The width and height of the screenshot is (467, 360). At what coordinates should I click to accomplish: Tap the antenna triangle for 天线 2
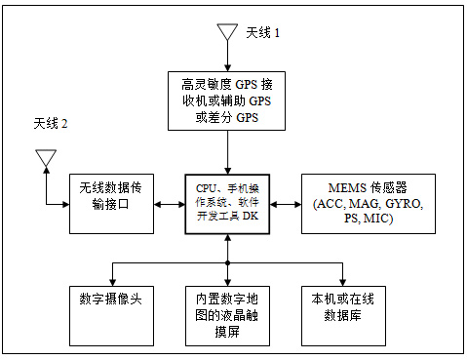46,158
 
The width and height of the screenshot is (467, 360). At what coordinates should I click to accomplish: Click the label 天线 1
262,32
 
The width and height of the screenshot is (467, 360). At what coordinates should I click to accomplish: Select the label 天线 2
51,124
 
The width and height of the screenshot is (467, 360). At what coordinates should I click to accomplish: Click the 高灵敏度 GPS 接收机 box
226,101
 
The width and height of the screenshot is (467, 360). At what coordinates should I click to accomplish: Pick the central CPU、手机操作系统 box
227,204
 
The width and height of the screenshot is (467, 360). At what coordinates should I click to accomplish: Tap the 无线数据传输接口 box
111,204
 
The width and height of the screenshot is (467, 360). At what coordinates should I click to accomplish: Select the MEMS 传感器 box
369,204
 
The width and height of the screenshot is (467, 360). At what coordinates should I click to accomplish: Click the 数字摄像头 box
111,316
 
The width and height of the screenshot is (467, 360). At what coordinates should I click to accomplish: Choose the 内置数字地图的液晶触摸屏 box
227,316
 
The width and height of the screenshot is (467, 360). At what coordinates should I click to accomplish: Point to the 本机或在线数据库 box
343,316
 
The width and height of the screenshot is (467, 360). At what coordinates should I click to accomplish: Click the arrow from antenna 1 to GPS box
228,56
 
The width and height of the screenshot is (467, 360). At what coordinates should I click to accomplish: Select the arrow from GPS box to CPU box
228,152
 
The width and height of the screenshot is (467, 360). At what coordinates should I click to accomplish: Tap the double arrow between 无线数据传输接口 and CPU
170,204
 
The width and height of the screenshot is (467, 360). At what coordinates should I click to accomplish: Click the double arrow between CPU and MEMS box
286,204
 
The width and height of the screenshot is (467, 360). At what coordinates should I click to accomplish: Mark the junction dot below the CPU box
228,262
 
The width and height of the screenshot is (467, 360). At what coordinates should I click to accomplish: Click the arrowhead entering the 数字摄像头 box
112,283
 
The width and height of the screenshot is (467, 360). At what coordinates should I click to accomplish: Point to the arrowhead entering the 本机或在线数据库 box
342,283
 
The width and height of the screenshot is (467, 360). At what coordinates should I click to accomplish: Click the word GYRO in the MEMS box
404,204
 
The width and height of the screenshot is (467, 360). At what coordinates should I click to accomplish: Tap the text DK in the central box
251,216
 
